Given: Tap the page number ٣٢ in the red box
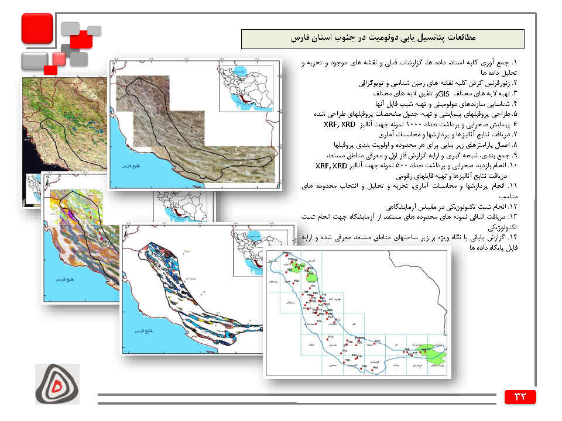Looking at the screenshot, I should pyautogui.click(x=520, y=396).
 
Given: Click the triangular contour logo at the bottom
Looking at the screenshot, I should pyautogui.click(x=57, y=384).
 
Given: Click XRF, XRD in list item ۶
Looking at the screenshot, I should pyautogui.click(x=340, y=125).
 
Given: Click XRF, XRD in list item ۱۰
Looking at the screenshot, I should pyautogui.click(x=331, y=167).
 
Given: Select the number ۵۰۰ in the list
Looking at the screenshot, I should pyautogui.click(x=399, y=167).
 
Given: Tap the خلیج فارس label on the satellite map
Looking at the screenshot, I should pyautogui.click(x=126, y=167).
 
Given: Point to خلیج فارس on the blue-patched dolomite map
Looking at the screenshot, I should pyautogui.click(x=143, y=332).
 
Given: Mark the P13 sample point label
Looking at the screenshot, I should pyautogui.click(x=331, y=337).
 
